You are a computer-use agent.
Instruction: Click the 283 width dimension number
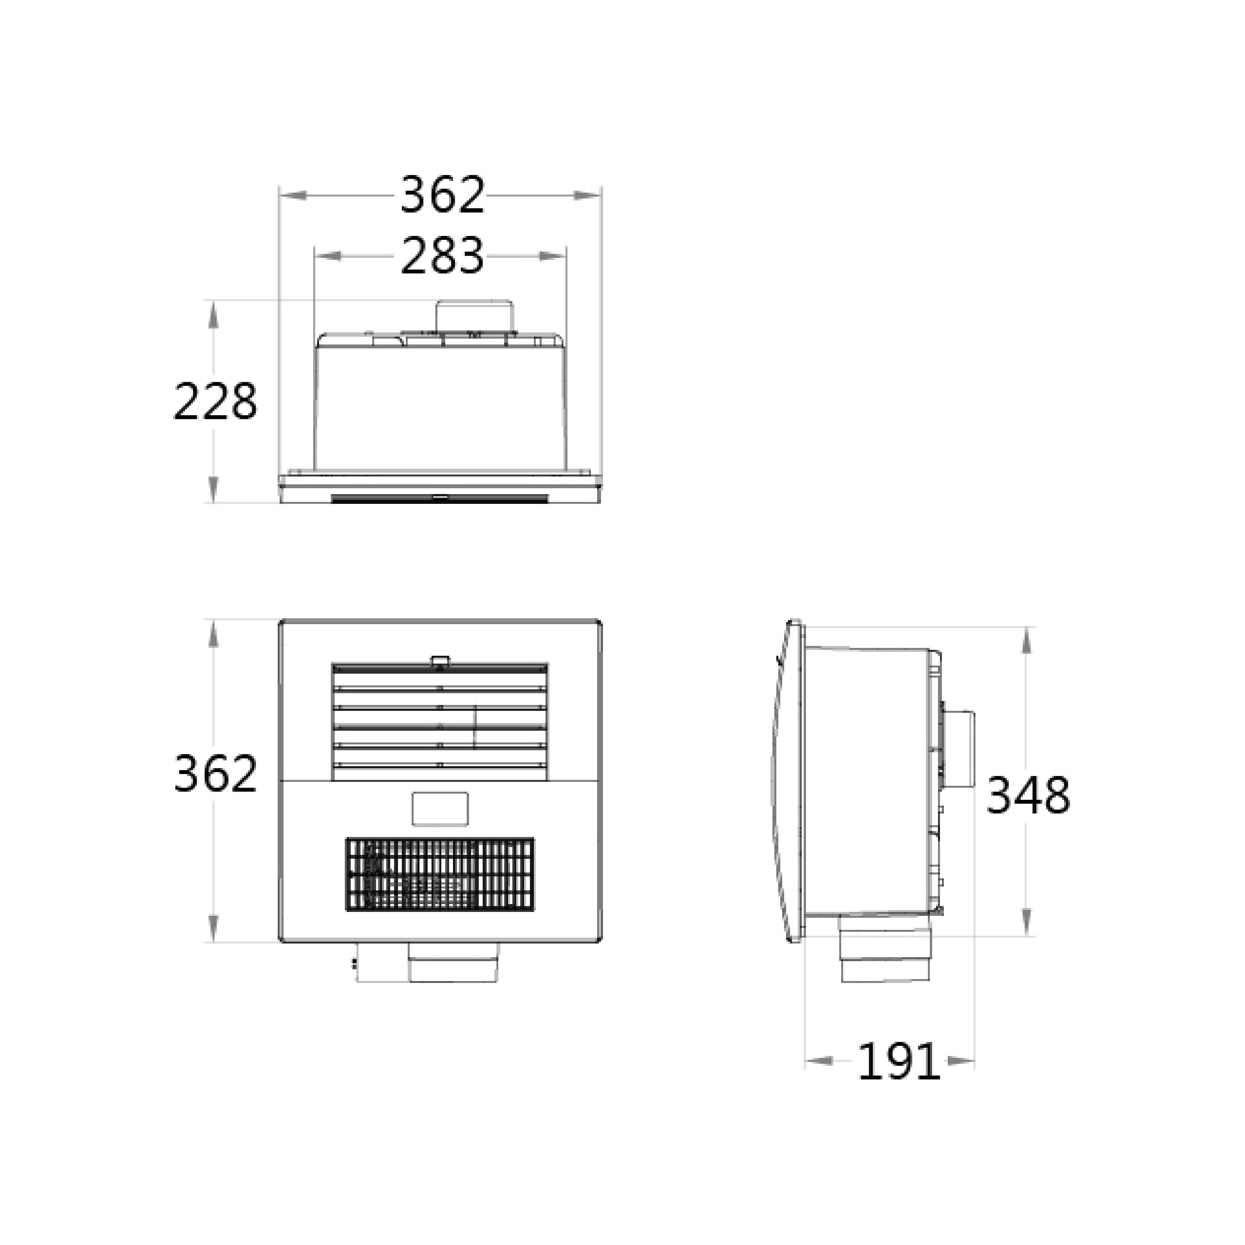[442, 256]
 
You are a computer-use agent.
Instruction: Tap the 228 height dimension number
[215, 402]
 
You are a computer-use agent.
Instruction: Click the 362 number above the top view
[442, 195]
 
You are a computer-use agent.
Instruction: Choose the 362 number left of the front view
[215, 773]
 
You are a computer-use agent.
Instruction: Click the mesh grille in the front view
[440, 874]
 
